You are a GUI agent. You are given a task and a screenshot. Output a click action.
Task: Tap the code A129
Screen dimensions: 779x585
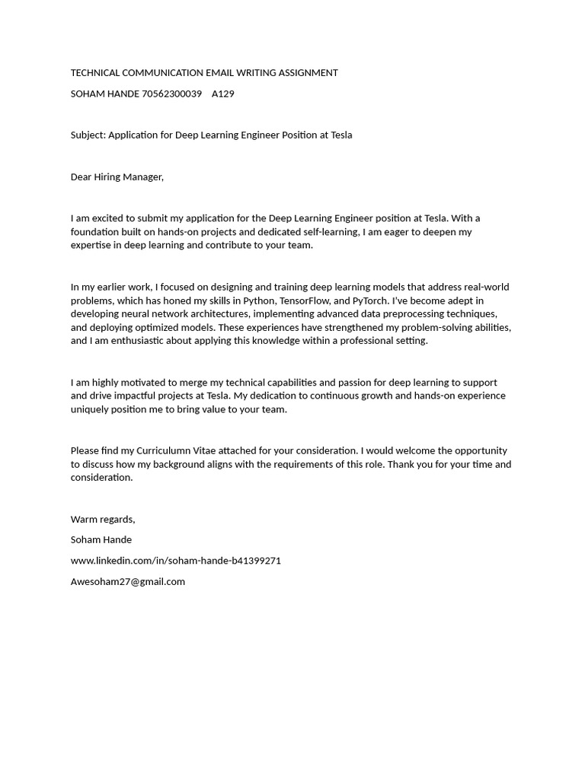pyautogui.click(x=223, y=94)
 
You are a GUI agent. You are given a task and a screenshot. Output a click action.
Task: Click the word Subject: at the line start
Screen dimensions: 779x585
pyautogui.click(x=88, y=135)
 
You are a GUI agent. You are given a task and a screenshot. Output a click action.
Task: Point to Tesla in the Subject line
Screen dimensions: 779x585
pyautogui.click(x=341, y=135)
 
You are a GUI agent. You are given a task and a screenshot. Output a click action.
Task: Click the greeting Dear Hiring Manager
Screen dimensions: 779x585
pyautogui.click(x=117, y=177)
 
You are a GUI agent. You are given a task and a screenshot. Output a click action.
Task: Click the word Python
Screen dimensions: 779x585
pyautogui.click(x=258, y=300)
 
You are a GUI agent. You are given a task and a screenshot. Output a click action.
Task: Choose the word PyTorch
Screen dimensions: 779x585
pyautogui.click(x=369, y=300)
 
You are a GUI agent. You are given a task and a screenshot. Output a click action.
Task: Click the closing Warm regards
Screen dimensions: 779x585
pyautogui.click(x=102, y=520)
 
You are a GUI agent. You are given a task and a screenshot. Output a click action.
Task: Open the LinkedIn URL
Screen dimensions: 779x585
pyautogui.click(x=175, y=561)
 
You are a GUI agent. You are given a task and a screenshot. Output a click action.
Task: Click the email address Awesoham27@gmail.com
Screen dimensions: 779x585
pyautogui.click(x=127, y=582)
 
